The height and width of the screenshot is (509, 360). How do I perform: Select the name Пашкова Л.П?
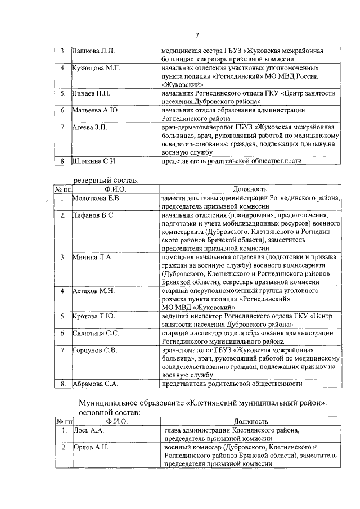(94, 51)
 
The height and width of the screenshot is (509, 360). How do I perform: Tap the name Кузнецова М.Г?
(96, 68)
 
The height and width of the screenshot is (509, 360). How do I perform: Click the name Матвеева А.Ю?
(96, 110)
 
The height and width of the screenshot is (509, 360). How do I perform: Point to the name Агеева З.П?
(91, 127)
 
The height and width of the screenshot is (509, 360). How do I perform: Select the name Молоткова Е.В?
(97, 198)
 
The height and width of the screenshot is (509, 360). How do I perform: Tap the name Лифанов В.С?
(93, 215)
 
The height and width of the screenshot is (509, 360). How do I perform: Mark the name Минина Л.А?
(92, 257)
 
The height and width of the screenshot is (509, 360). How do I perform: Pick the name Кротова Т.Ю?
(93, 316)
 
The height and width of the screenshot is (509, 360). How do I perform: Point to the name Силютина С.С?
(96, 334)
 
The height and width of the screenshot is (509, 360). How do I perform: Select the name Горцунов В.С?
(94, 350)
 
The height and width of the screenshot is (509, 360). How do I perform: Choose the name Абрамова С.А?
(95, 384)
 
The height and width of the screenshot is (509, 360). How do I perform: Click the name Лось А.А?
(89, 430)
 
